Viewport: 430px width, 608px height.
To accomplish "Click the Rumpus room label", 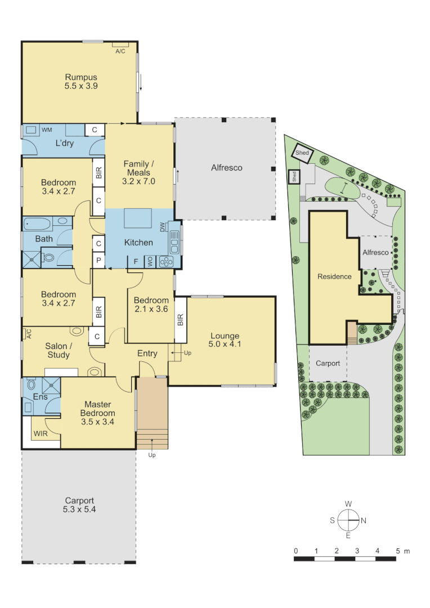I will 81,82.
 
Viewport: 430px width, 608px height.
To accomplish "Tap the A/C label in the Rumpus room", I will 120,51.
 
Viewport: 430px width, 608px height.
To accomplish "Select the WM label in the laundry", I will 47,130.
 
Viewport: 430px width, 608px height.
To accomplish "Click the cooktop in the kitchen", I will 167,261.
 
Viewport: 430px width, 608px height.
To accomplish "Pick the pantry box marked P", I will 98,261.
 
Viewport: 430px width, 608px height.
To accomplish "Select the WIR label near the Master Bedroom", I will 40,434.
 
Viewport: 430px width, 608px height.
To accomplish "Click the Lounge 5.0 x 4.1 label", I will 225,340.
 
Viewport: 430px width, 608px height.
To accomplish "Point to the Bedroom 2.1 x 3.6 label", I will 151,305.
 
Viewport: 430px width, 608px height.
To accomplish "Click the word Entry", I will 147,353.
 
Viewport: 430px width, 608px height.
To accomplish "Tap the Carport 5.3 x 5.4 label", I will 79,504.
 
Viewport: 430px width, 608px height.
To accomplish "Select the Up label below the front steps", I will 152,455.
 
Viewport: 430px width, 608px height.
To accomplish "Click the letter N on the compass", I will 364,521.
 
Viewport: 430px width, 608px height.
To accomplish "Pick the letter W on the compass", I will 348,504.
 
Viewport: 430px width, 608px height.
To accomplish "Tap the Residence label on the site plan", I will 334,276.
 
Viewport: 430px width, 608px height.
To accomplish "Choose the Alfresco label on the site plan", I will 375,253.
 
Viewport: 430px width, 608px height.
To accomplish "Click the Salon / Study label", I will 59,351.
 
